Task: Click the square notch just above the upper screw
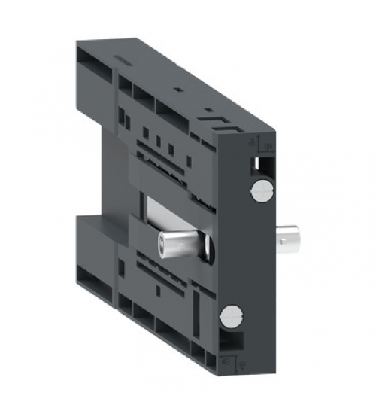pos(261,162)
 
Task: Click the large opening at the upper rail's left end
pos(89,75)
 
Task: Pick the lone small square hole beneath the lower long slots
pos(157,289)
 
